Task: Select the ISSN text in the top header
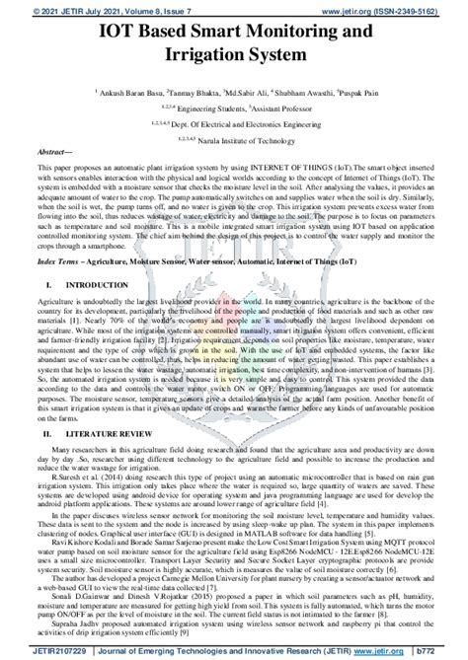422,9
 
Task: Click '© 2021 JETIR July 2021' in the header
58,9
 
